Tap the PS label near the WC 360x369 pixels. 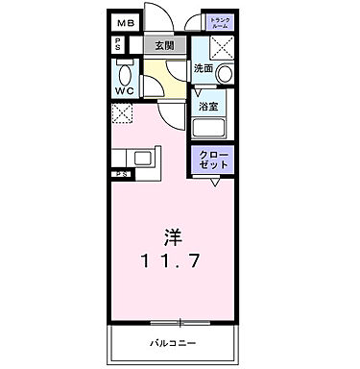point(116,44)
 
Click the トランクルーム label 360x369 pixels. point(220,23)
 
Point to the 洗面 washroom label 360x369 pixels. point(203,69)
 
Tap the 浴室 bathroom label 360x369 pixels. point(208,107)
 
